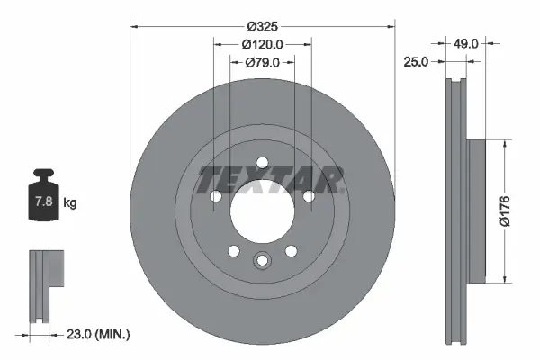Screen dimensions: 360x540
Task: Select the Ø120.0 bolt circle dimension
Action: coord(262,41)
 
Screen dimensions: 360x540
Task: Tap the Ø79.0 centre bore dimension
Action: coord(262,62)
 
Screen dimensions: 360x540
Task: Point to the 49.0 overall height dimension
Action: coord(464,41)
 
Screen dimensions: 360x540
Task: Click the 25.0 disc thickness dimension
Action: coord(416,62)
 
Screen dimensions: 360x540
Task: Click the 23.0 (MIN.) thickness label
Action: coord(98,334)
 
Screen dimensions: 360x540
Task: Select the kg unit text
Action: coord(70,203)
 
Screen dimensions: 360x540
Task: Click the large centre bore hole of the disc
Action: coord(262,211)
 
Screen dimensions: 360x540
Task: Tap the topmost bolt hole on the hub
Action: coord(262,163)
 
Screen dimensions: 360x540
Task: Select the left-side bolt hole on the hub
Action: coord(216,197)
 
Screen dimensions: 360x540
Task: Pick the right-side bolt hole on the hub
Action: coord(308,196)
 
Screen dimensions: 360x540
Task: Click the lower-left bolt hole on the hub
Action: coord(233,251)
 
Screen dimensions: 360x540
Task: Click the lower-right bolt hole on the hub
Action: coord(291,251)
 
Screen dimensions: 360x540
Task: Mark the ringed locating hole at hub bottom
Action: coord(262,261)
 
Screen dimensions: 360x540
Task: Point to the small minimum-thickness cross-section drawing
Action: coord(46,285)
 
